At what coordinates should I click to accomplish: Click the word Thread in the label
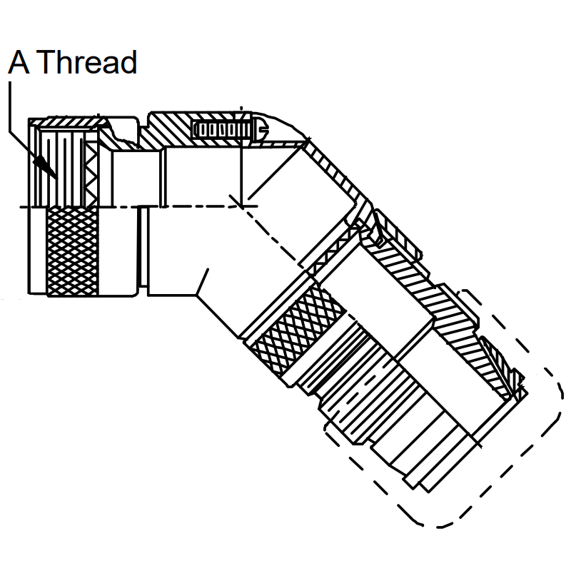click(86, 62)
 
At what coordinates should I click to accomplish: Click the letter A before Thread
click(19, 62)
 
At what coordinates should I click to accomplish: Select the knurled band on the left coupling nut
click(73, 251)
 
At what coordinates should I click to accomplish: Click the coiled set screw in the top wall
click(223, 130)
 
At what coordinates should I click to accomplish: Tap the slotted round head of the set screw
click(261, 128)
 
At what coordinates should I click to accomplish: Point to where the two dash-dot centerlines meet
click(241, 206)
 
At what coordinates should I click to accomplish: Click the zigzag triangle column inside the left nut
click(91, 174)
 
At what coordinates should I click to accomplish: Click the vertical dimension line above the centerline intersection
click(241, 156)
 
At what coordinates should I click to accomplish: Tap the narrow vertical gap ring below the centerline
click(143, 251)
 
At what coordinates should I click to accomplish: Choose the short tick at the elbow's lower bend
click(203, 281)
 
